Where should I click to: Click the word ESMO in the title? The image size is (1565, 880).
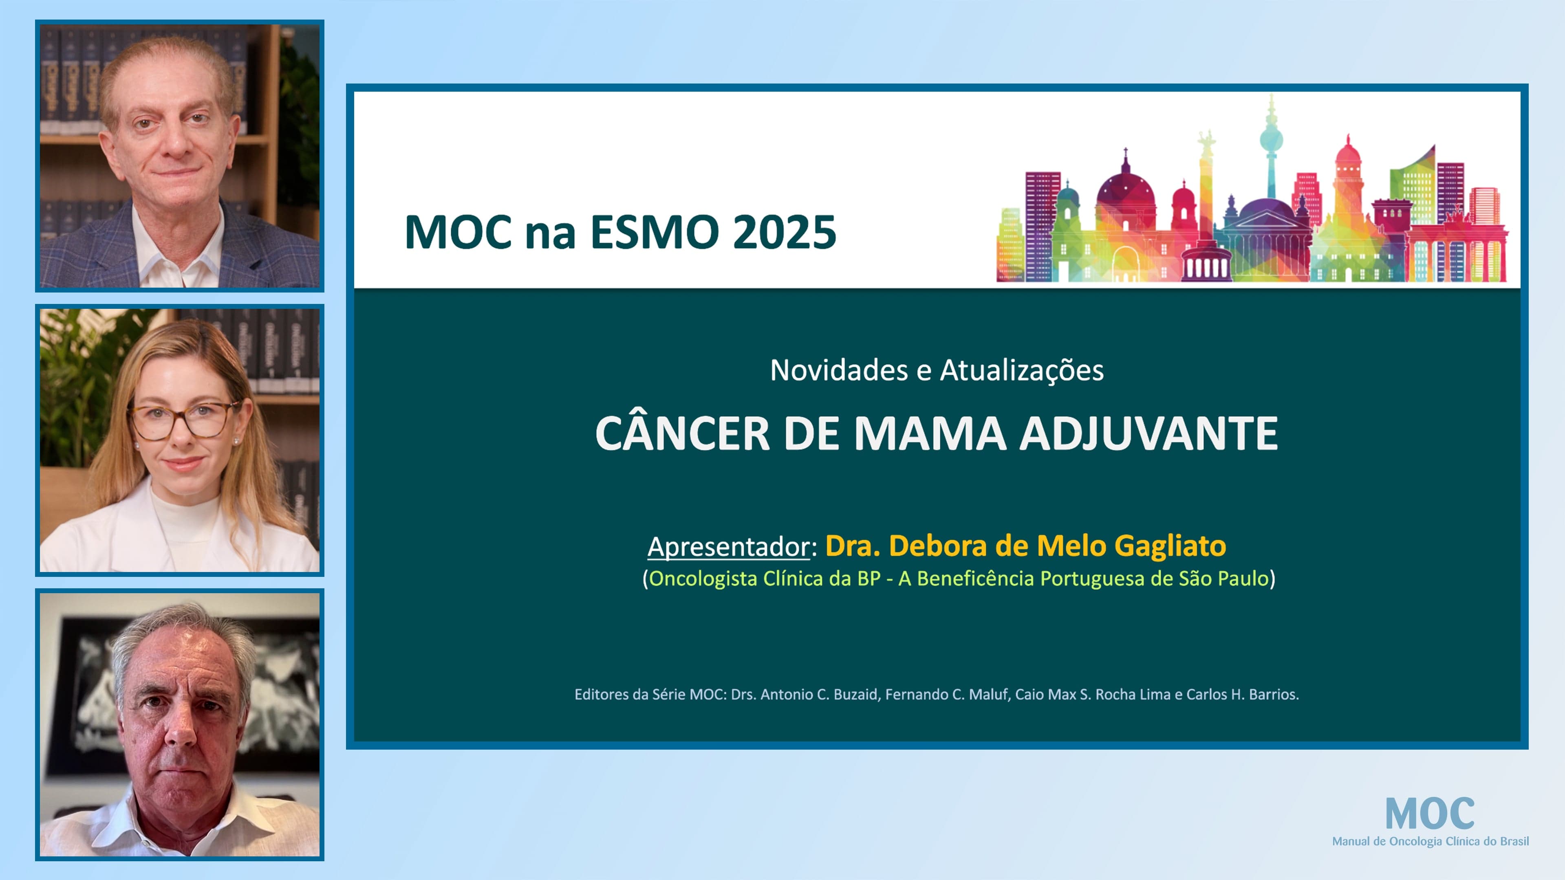click(x=654, y=233)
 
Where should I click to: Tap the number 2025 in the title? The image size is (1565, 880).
click(x=784, y=233)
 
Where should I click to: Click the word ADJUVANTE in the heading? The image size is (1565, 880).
click(x=1148, y=433)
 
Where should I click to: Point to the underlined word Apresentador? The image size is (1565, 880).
click(x=728, y=547)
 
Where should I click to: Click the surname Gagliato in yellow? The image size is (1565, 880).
click(x=1170, y=546)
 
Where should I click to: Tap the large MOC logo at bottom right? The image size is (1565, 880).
click(x=1430, y=814)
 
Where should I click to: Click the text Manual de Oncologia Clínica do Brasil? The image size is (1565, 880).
click(x=1430, y=841)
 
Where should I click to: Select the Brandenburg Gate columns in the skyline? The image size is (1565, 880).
click(x=1458, y=258)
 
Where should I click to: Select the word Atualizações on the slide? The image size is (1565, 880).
click(x=1021, y=370)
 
